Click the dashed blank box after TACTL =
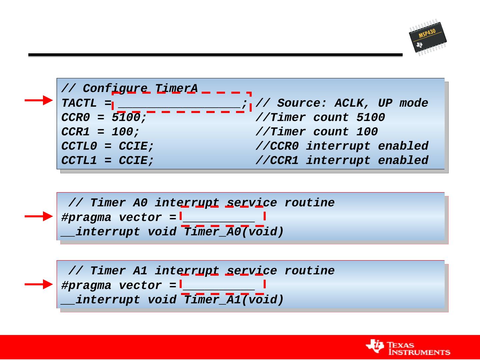(181, 102)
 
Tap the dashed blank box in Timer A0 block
(222, 216)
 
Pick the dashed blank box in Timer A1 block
(222, 284)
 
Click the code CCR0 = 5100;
(104, 118)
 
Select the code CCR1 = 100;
(100, 132)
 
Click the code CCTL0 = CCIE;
(108, 146)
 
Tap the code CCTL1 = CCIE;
(108, 161)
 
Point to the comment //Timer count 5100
(320, 118)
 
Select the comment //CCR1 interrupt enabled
(342, 161)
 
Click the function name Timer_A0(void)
(234, 232)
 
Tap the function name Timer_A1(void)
(234, 300)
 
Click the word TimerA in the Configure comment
(176, 89)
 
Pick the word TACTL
(79, 103)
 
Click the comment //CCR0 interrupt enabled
(342, 146)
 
